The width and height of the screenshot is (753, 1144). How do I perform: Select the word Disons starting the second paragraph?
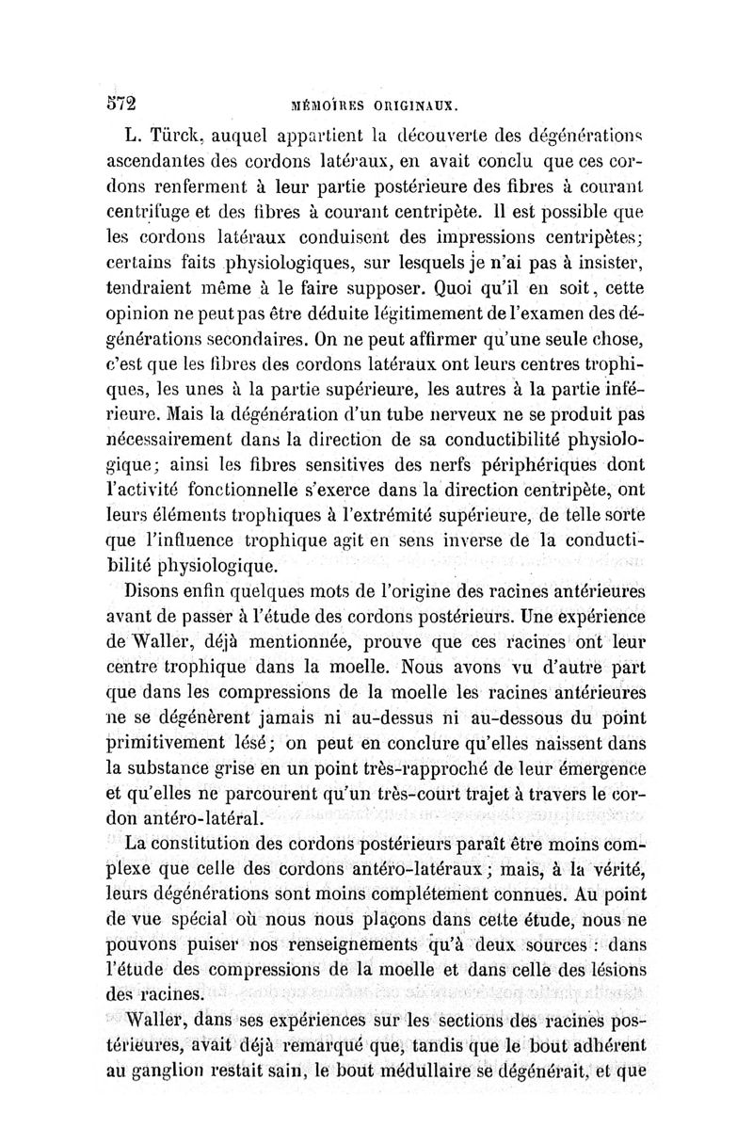coord(163,591)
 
